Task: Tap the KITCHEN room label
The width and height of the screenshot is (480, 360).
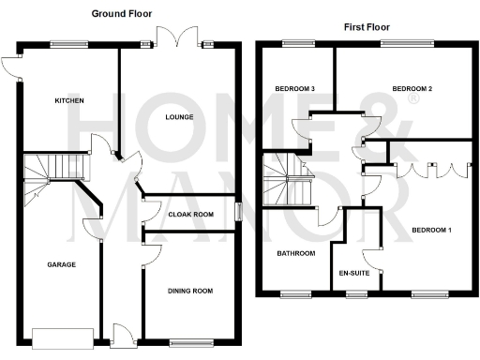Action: coord(69,100)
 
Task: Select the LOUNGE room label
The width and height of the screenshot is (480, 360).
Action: coord(179,117)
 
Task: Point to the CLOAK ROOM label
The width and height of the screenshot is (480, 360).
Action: coord(190,215)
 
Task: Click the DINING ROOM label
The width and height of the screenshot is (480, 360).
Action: coord(190,291)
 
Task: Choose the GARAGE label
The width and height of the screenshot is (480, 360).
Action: coord(61,265)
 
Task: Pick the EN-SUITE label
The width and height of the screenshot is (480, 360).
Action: coord(354,273)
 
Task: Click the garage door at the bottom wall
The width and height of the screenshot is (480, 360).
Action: coord(63,337)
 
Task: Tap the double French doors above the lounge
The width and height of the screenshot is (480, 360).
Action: coord(178,37)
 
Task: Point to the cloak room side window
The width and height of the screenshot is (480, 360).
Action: coord(238,212)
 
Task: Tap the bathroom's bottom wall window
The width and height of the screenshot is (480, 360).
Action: coord(297,294)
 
